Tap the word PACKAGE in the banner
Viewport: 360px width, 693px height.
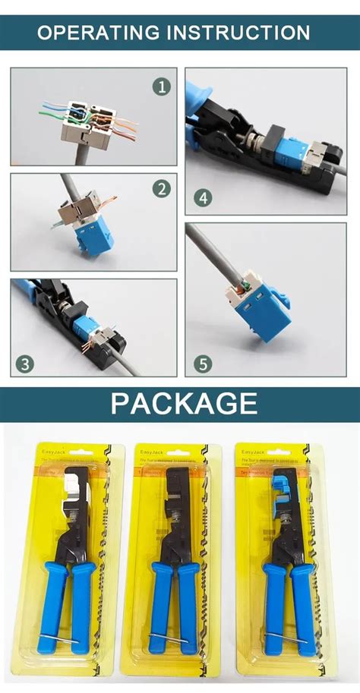point(184,403)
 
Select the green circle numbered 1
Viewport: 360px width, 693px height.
point(160,87)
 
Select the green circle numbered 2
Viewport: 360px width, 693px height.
point(160,188)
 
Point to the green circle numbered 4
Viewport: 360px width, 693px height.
point(202,199)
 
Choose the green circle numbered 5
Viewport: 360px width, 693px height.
point(202,364)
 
